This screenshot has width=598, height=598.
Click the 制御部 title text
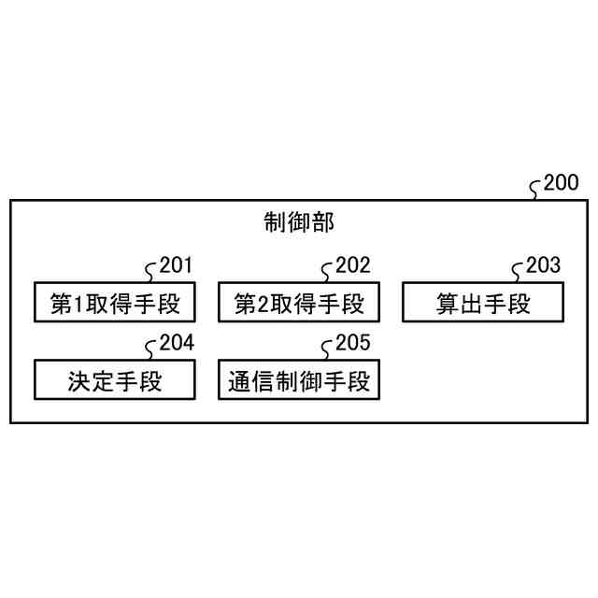pos(299,222)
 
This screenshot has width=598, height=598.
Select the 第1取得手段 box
pos(114,302)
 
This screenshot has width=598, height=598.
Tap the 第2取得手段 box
pos(299,302)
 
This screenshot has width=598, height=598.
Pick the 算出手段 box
pos(483,302)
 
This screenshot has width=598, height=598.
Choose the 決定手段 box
pos(114,379)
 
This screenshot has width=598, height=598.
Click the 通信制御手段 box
pos(299,379)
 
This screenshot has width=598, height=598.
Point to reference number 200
pos(561,183)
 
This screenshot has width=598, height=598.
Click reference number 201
pos(176,265)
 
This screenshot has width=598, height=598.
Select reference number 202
pos(353,265)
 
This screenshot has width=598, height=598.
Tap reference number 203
pos(543,265)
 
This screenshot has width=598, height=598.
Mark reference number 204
pos(176,343)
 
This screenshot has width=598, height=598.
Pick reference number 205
pos(353,343)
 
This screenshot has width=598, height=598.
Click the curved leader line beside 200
pos(535,190)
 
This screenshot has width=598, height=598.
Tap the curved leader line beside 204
pos(150,349)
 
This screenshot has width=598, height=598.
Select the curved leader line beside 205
pos(327,349)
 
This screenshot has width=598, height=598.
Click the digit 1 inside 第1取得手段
pos(80,303)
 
